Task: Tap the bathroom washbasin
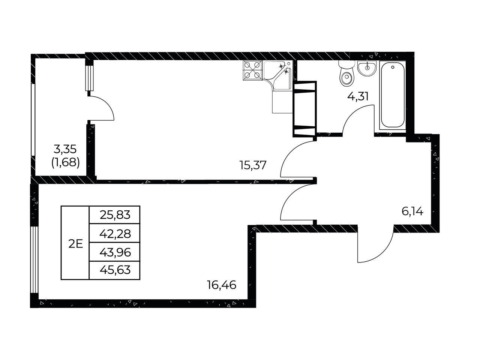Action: coord(367,68)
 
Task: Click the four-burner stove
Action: coord(252,70)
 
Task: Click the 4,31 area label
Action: coord(358,96)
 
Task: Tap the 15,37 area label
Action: coord(253,165)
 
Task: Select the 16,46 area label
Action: coord(222,285)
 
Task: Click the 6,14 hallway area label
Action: coord(412,211)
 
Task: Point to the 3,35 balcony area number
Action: coord(65,150)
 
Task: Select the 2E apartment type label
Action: coord(76,244)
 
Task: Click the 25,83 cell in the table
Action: coord(115,215)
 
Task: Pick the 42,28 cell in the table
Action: coord(115,234)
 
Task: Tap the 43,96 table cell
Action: coord(115,252)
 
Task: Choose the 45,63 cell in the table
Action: coord(115,270)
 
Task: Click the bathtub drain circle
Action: coord(393,67)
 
